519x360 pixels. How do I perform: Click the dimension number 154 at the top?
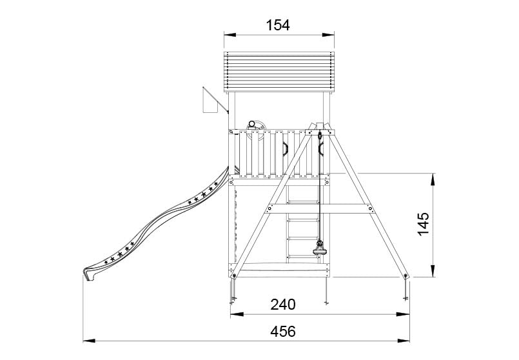point(278,25)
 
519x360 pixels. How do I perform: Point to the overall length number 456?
point(283,331)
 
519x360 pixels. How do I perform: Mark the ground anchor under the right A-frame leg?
point(405,294)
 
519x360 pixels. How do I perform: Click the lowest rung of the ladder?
point(302,255)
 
